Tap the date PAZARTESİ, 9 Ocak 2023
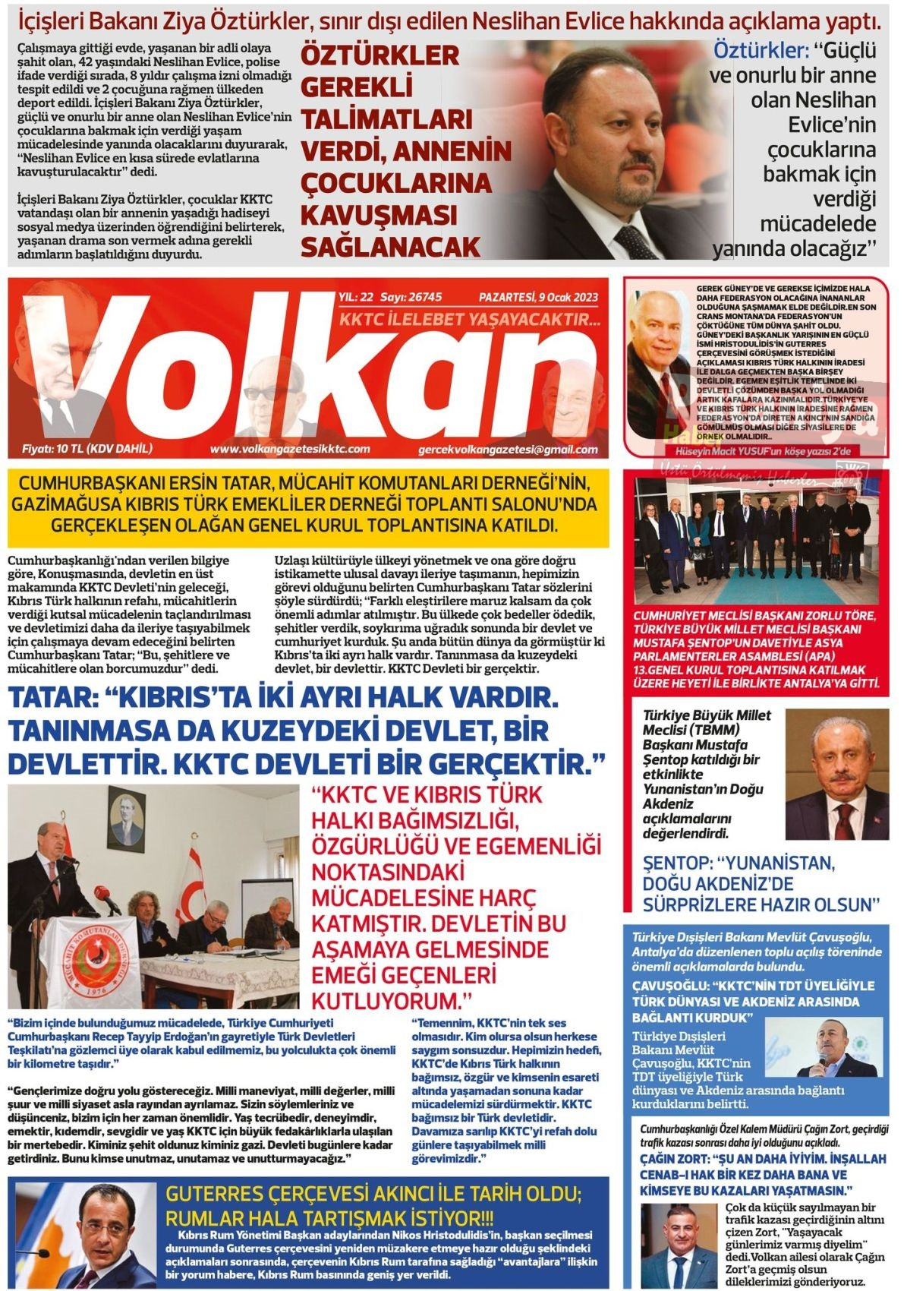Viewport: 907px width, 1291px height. click(x=538, y=297)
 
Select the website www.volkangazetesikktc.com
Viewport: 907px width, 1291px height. click(x=290, y=449)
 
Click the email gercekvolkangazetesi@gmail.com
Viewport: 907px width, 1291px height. click(x=508, y=450)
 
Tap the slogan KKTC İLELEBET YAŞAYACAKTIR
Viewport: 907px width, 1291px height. click(x=470, y=319)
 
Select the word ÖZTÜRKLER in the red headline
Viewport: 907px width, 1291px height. click(x=380, y=55)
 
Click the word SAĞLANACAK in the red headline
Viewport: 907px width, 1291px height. click(x=391, y=247)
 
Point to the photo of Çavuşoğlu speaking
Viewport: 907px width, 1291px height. click(x=824, y=1046)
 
